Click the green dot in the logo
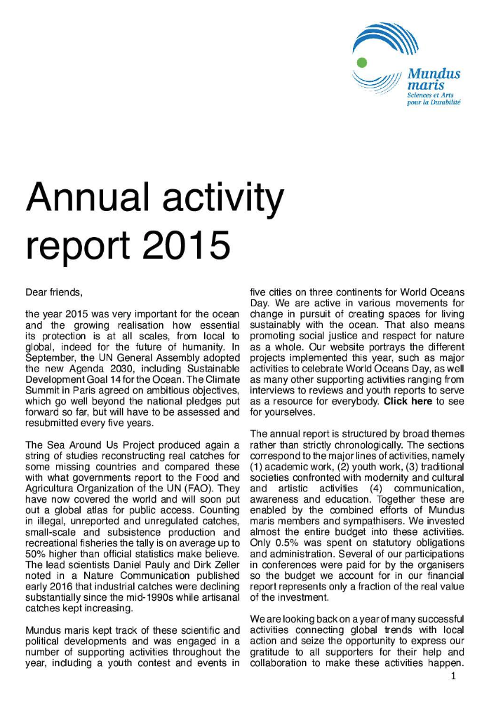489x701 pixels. click(x=362, y=62)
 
